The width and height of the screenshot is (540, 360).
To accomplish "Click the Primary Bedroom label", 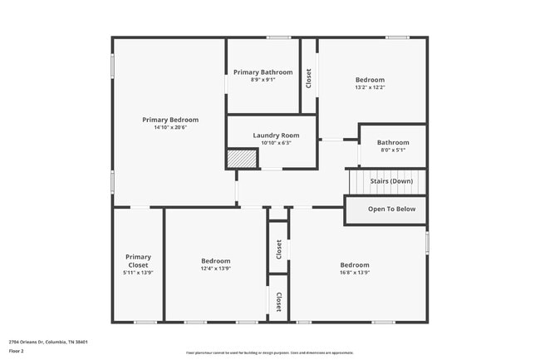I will coord(170,120).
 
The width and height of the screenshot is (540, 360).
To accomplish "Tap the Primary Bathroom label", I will coord(263,72).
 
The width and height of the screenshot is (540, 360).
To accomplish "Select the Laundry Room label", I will coord(271,135).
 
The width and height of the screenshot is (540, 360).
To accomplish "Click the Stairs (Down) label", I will coord(391,181).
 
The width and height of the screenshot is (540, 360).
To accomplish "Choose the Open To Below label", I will coord(391,209).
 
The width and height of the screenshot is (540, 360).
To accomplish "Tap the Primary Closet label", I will coord(138,261).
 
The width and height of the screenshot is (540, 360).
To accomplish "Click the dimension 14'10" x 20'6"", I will coord(170,127).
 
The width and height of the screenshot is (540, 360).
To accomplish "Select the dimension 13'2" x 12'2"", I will coord(370,87).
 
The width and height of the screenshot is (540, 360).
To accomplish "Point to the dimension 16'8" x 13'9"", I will coord(354,272).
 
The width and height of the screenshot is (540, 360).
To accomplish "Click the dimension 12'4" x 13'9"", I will coord(215,269).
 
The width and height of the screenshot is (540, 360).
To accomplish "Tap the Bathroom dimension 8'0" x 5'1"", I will coord(393,150).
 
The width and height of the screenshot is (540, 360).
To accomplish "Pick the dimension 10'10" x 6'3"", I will coord(271,142).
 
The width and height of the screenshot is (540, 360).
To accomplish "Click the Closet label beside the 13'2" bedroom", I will coord(309,78).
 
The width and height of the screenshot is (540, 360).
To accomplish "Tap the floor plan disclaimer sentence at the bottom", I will coord(270,353).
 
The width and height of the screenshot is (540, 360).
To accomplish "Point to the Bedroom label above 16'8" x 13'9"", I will coord(354,264).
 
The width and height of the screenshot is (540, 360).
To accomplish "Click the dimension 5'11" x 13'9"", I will coord(138,273).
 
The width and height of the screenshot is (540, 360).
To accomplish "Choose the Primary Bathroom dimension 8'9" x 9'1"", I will coord(263,80).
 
